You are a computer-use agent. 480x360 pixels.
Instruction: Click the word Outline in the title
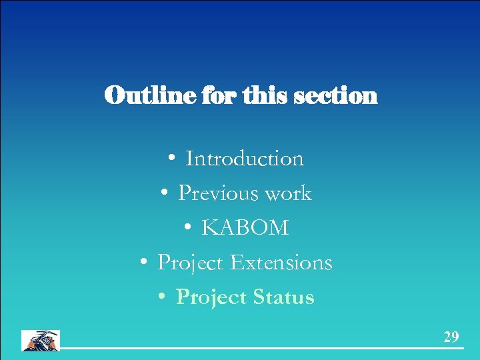pos(139,96)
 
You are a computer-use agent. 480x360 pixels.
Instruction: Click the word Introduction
pos(244,159)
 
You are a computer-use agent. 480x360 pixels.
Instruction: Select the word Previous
pos(218,193)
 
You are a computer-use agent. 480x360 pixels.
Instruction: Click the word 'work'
pos(288,193)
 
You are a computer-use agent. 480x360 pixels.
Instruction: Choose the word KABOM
pos(245,228)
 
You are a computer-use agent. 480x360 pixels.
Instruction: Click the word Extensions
pos(281,263)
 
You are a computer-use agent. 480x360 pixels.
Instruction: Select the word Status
pos(283,297)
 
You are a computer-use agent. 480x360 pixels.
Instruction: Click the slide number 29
pos(451,337)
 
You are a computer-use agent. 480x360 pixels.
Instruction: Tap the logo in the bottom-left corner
pos(41,340)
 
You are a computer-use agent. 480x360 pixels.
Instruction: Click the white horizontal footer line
pos(260,349)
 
